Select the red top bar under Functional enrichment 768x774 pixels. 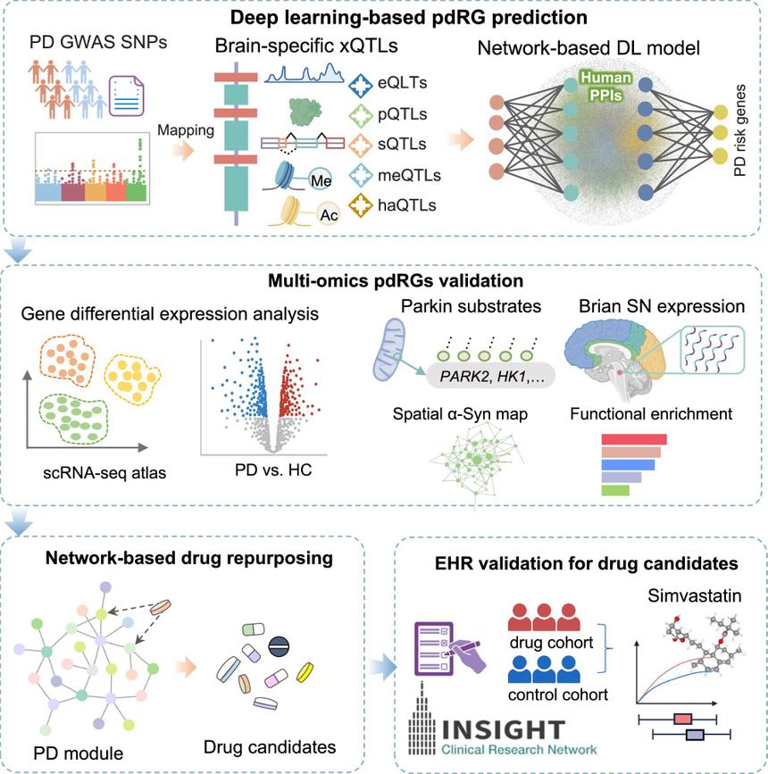635,437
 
